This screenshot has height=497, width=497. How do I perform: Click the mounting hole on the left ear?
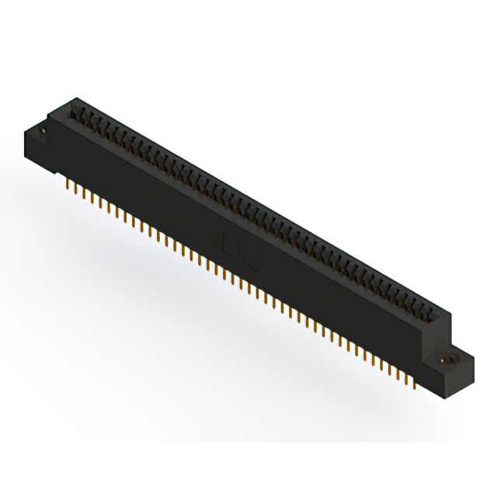tap(44, 131)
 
